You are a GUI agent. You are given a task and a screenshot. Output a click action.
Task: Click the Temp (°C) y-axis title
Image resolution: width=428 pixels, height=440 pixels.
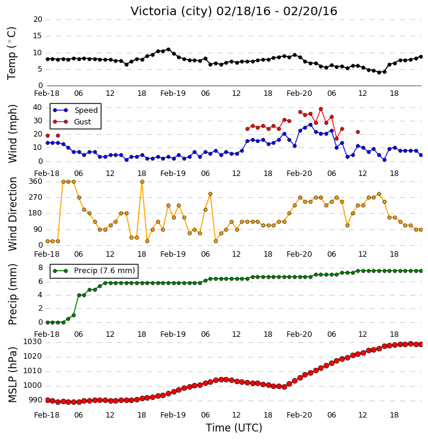(x=12, y=53)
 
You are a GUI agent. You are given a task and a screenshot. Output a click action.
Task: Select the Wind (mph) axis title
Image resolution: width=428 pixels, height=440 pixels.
(x=12, y=134)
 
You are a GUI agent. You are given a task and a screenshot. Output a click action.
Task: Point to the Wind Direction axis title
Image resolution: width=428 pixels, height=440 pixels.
(x=12, y=214)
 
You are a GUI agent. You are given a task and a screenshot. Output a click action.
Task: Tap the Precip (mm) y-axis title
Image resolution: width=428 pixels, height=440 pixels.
(x=12, y=294)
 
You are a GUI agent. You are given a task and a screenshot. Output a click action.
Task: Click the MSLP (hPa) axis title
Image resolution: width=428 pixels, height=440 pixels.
(x=12, y=374)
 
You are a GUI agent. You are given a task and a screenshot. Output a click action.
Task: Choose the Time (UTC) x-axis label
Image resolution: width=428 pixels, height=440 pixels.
(x=234, y=428)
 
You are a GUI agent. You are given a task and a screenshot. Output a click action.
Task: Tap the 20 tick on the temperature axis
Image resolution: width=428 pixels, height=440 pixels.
(x=38, y=19)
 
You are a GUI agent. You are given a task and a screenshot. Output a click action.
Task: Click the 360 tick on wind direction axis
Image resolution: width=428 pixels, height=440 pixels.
(x=36, y=181)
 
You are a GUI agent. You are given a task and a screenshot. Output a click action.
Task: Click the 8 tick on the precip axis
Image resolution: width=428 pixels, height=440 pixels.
(x=41, y=268)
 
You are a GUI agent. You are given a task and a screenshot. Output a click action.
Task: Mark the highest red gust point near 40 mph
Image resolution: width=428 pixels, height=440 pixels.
(x=321, y=109)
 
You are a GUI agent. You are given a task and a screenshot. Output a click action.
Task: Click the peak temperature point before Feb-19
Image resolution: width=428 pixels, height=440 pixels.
(x=168, y=49)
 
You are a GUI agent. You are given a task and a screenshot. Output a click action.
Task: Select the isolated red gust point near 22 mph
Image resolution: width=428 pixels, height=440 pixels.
(x=358, y=132)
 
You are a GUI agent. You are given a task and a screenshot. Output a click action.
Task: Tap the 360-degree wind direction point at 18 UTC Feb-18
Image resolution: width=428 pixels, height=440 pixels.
(x=142, y=182)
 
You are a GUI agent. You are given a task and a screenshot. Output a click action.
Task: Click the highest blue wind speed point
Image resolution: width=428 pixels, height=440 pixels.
(x=310, y=124)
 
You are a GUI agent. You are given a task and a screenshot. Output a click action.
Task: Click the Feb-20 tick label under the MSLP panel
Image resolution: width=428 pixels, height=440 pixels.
(x=299, y=415)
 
